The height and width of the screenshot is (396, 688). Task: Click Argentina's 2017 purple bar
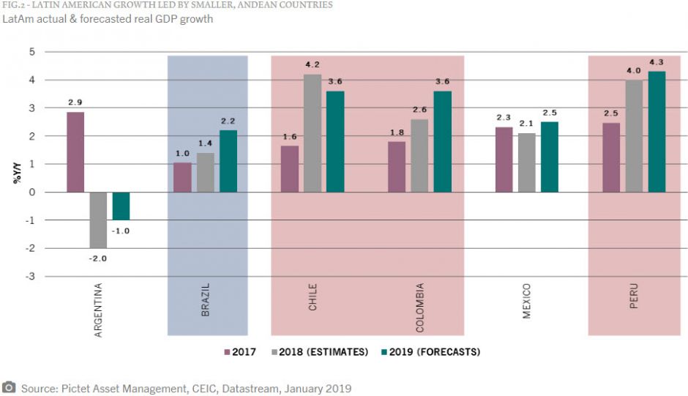coord(75,152)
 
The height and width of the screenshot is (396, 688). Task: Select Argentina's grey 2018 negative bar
coord(98,220)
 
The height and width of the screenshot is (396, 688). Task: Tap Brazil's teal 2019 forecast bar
coord(228,161)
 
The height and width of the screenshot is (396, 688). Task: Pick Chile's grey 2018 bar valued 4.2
coord(313,133)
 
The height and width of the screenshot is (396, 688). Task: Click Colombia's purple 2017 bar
coord(397,167)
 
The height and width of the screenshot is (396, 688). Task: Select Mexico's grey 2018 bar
coord(527,162)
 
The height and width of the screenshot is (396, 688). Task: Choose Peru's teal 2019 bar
coord(657,132)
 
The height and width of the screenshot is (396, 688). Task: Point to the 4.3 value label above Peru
coord(657,62)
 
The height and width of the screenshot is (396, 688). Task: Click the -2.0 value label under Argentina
coord(98,258)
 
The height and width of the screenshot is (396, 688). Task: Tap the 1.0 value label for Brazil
coord(182,153)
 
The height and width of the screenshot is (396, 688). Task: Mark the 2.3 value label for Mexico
coord(504,118)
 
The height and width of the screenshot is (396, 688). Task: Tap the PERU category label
coord(633,295)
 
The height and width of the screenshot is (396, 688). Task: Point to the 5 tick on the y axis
coord(31,52)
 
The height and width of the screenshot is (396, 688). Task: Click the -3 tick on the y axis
coord(30,277)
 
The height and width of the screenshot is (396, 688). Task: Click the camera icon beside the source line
coord(9,387)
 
